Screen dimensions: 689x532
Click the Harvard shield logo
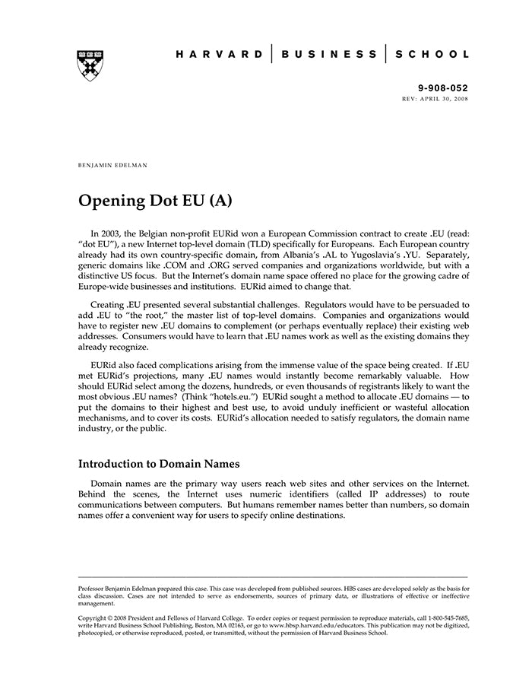coord(90,66)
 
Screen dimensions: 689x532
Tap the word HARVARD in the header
coord(219,54)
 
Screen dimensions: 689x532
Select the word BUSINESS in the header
coord(328,54)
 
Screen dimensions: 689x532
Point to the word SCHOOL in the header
coord(431,54)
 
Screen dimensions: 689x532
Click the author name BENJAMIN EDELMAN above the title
coord(112,164)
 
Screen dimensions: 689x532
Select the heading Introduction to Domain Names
coord(159,463)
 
